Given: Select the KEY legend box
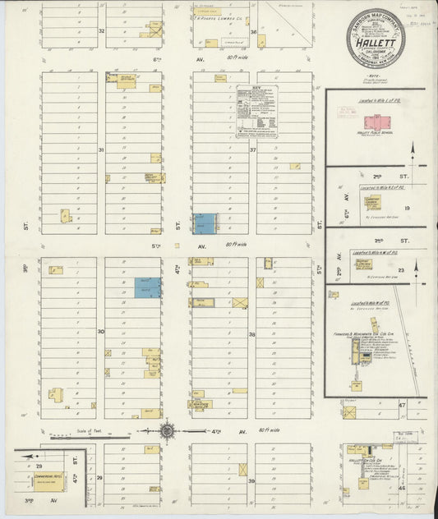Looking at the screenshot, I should (x=256, y=110).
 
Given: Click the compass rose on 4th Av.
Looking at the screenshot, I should (x=167, y=429).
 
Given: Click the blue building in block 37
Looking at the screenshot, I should (x=205, y=223).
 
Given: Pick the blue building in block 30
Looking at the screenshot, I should (x=148, y=287).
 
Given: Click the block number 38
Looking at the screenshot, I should (x=252, y=334).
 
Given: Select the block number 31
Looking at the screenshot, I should (x=101, y=150).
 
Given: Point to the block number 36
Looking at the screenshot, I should (x=254, y=33).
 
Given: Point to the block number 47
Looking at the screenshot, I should (x=402, y=405).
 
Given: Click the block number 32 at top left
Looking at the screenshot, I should (x=102, y=31).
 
